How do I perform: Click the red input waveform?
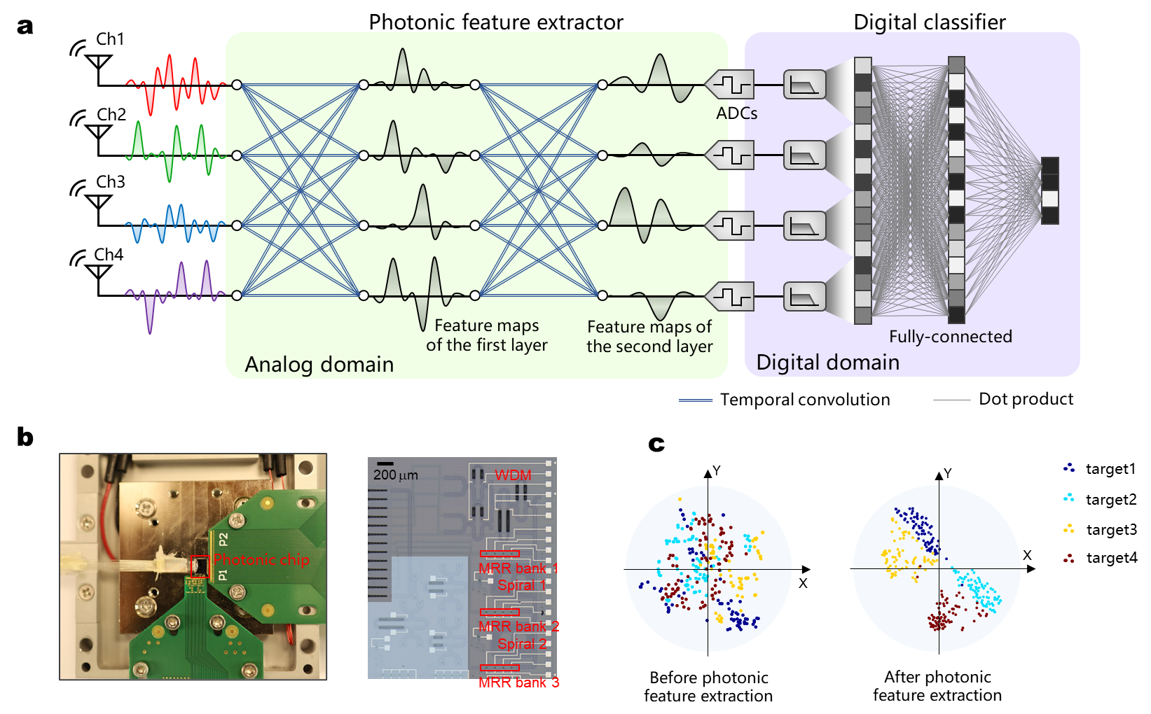coord(175,84)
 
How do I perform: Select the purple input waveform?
coord(175,294)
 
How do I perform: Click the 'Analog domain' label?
coord(319,364)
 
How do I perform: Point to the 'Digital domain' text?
coord(827,362)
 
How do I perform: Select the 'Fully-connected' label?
coord(950,337)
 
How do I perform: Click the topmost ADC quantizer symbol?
coord(730,85)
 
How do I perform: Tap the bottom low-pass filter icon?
coord(804,296)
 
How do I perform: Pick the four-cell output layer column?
coord(1049,190)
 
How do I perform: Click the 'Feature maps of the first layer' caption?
coord(487,335)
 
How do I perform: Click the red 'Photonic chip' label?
coord(261,559)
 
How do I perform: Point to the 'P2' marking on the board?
coord(223,539)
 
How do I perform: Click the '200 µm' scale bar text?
coord(395,475)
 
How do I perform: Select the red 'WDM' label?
coord(513,475)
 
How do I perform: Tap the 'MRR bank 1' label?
coord(518,568)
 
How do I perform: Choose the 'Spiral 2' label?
coord(522,643)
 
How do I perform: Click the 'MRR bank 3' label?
coord(518,682)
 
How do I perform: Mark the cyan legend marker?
coord(1068,497)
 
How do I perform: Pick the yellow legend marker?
coord(1068,528)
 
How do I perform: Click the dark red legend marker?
coord(1068,559)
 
